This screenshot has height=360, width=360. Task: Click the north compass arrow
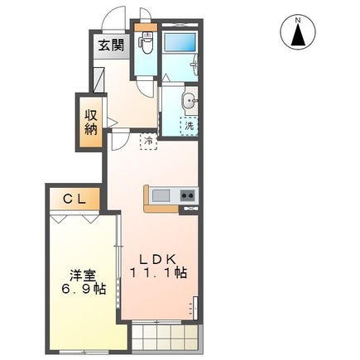pos(296,32)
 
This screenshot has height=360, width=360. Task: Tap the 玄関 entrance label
pos(113,46)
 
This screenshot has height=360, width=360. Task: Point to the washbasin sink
pos(189,102)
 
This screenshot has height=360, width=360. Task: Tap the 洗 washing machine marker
pos(190,127)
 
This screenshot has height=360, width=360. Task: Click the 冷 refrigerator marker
pos(147,142)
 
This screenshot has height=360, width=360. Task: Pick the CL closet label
pos(74,199)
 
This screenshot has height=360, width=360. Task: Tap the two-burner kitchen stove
pos(188,195)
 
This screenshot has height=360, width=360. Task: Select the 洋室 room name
pos(79,273)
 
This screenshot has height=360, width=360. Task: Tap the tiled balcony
pos(164,335)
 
